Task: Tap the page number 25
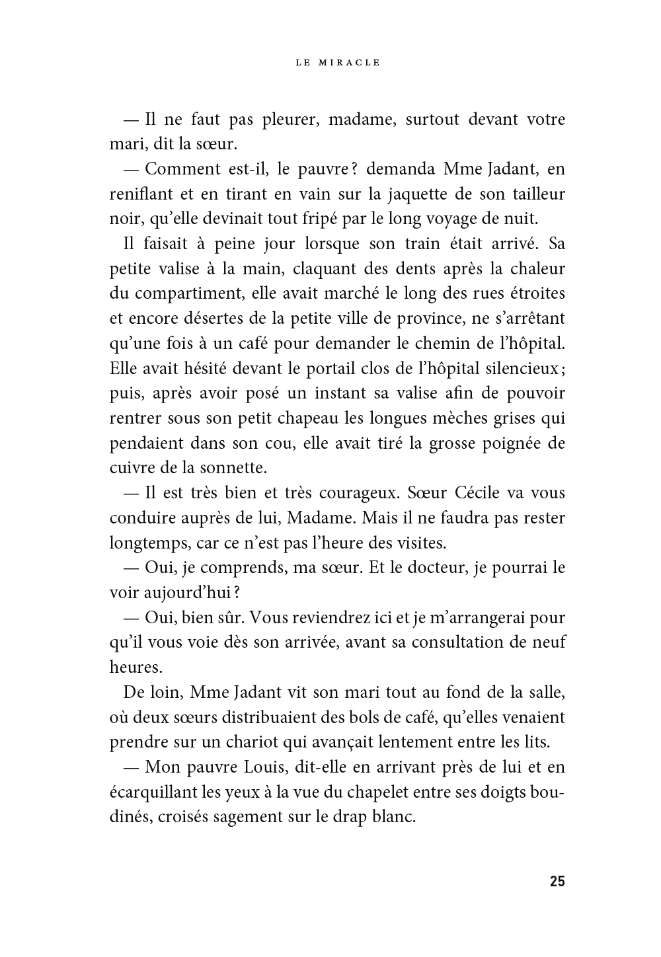[x=557, y=881]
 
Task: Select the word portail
[x=332, y=368]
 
